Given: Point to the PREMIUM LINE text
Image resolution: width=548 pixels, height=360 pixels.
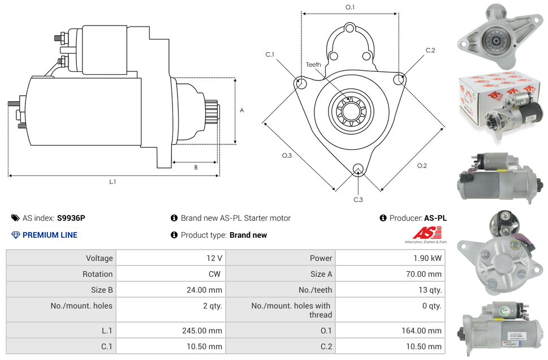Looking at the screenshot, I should coord(50,235).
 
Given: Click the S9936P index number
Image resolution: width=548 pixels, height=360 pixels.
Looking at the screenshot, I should coord(71,218).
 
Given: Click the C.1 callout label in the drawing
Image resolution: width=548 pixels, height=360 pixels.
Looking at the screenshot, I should coord(270,54).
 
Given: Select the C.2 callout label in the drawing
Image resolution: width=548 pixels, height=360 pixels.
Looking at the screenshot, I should coord(430,50).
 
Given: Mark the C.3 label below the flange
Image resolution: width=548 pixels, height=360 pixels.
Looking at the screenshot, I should coord(358,199).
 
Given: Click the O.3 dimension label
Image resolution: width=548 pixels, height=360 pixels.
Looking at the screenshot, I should coord(287,156).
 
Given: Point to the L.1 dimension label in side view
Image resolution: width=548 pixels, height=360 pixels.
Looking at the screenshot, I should coord(113,182).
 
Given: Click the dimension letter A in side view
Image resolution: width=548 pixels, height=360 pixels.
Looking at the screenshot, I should coord(242,110).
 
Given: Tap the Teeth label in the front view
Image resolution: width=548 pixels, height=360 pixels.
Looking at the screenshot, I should coord(313,65).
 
